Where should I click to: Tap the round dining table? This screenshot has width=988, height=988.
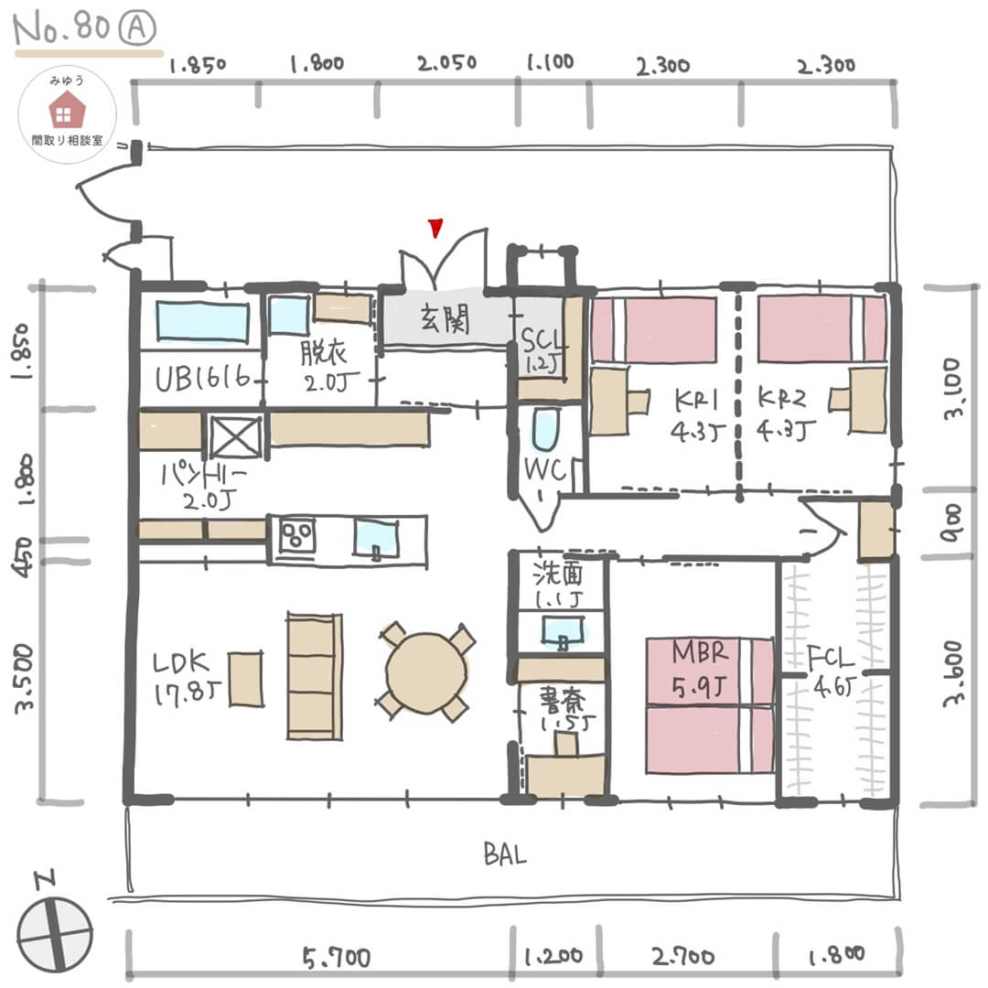coord(426,671)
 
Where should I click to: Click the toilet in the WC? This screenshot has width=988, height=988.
coord(544,430)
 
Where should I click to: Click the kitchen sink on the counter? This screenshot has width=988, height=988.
coord(376,538)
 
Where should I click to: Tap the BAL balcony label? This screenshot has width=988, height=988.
coord(504,856)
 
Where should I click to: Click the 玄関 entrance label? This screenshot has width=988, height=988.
coord(445,320)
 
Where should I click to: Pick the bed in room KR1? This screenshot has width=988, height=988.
coord(653,329)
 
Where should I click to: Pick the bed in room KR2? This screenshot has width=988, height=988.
coord(822,328)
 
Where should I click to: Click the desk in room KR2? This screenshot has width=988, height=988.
coord(866,400)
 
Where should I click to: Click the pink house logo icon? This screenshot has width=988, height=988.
coord(66,112)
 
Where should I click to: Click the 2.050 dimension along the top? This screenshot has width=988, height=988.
coord(446,63)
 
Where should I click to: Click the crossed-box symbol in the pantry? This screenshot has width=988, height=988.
coord(235,436)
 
